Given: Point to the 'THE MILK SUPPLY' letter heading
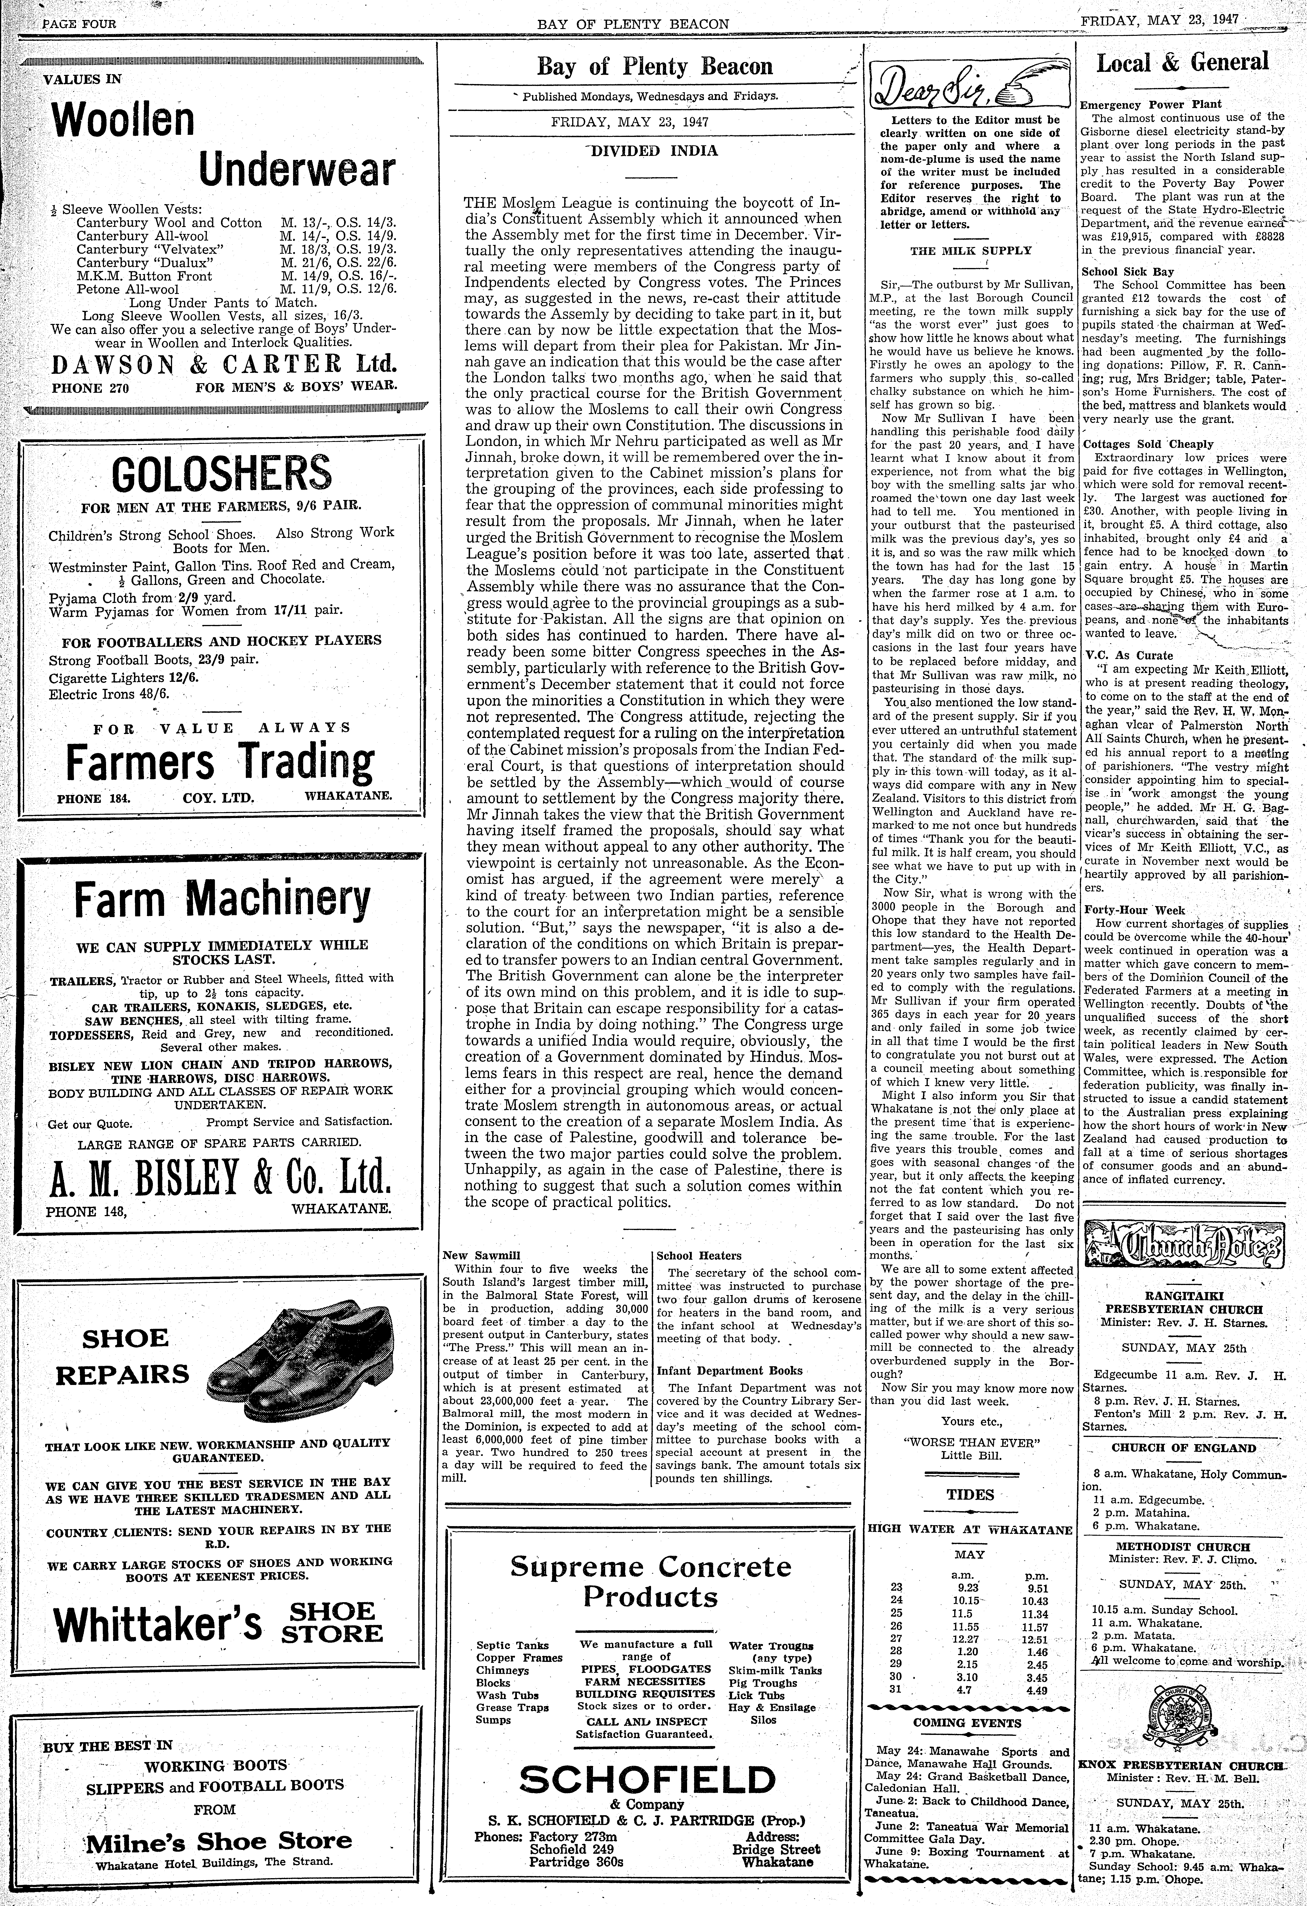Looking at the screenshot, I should point(971,250).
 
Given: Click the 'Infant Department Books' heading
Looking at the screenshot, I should point(729,1370).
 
